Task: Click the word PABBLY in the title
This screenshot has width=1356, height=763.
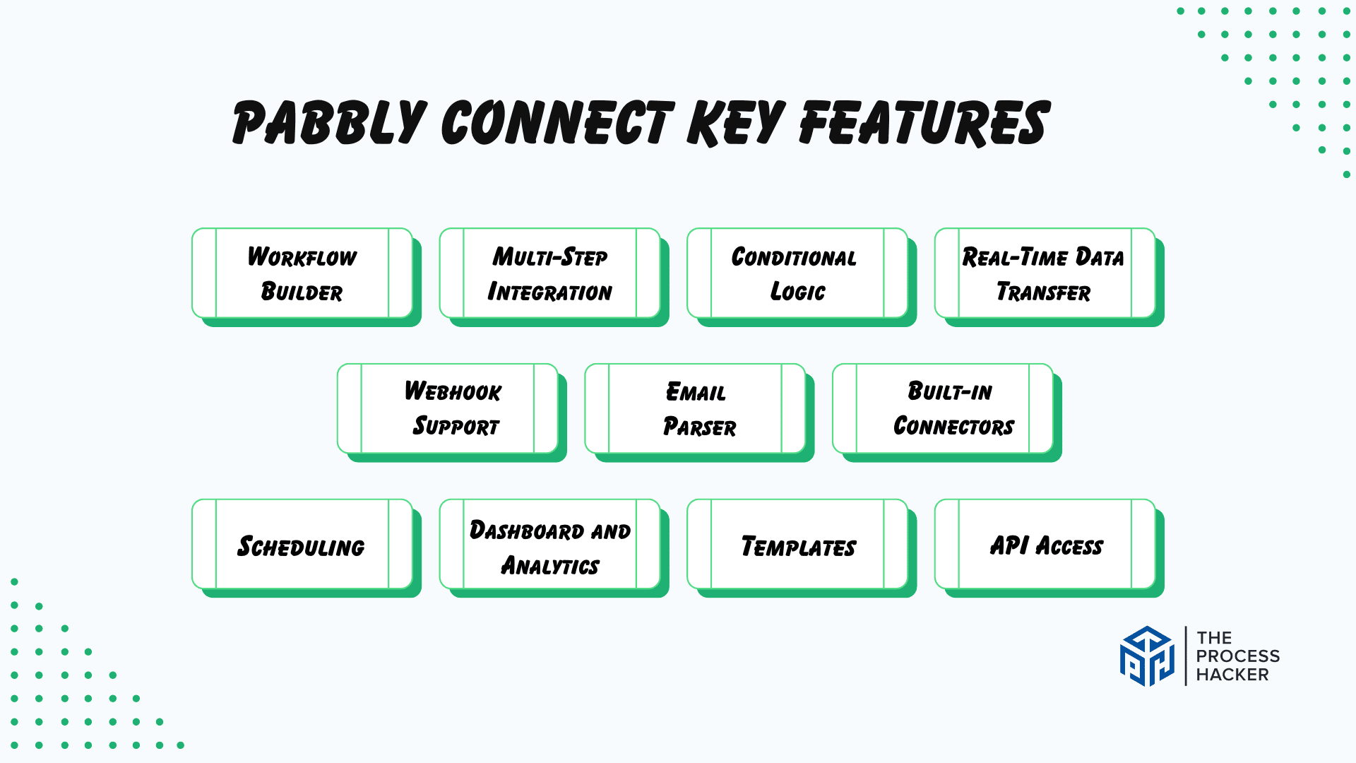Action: point(329,123)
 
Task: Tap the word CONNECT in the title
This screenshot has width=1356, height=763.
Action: point(558,123)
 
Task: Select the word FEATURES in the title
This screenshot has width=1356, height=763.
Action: point(925,123)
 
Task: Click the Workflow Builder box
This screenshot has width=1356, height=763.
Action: point(302,273)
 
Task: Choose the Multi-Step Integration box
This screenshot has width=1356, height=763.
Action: point(549,273)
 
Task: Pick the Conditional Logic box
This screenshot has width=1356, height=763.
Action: point(797,273)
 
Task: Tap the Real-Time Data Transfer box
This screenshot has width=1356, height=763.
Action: point(1045,273)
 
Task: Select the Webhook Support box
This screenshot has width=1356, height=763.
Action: point(448,409)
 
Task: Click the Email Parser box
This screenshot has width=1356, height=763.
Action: point(695,409)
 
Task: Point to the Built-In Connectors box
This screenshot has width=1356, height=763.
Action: point(943,409)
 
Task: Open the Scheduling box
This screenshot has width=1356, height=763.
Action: point(302,545)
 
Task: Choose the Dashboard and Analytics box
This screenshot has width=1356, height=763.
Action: point(549,545)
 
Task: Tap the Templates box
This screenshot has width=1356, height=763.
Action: point(797,545)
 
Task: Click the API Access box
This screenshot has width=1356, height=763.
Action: point(1045,545)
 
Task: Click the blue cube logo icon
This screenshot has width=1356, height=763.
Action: point(1147,656)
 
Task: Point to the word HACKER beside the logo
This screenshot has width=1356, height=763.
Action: point(1232,675)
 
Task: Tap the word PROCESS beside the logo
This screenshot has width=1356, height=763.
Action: point(1237,656)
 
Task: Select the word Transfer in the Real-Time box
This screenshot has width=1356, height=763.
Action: point(1044,292)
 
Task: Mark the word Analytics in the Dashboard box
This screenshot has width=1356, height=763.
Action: point(550,566)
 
